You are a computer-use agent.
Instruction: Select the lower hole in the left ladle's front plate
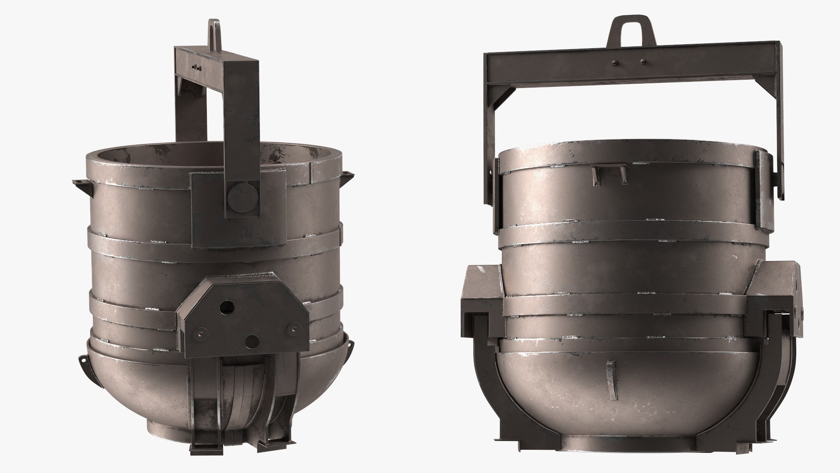[252, 340]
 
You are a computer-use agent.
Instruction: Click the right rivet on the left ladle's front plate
[293, 327]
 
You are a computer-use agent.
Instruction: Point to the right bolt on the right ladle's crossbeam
[643, 62]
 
